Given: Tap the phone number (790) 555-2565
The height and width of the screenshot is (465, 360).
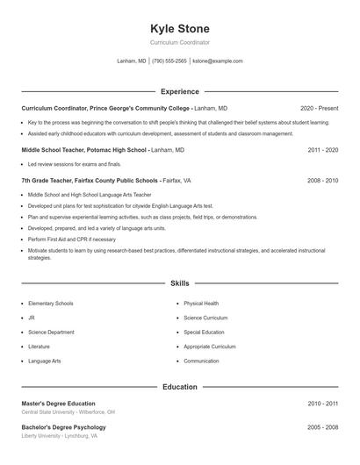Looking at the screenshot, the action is (x=169, y=61).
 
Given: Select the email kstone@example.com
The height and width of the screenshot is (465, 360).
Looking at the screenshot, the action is (x=217, y=61).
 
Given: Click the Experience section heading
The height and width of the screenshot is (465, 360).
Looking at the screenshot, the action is (x=180, y=91).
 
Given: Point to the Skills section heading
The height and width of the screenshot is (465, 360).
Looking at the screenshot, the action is (x=180, y=283).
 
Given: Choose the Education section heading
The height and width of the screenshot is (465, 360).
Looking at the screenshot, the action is (x=180, y=386).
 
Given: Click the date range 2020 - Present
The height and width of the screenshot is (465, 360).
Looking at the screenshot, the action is (x=319, y=107).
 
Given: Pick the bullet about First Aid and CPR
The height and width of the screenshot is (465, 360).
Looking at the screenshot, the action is (x=71, y=239).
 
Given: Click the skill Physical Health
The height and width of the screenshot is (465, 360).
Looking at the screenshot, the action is (x=201, y=304).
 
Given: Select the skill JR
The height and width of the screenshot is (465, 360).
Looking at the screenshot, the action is (x=32, y=318).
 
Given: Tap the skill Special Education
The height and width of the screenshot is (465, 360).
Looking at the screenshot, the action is (x=205, y=333).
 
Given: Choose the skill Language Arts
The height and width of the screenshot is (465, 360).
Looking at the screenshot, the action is (x=45, y=361).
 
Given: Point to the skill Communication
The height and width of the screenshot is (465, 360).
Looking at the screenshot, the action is (x=202, y=361).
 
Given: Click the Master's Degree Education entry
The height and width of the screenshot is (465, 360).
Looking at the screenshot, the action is (x=58, y=403).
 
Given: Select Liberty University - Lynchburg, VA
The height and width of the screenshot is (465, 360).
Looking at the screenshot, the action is (x=60, y=435).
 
